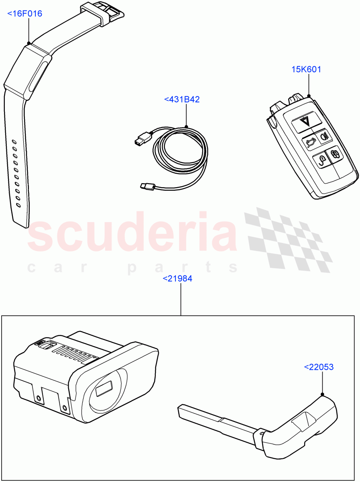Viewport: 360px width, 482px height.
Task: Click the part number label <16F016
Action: (25, 14)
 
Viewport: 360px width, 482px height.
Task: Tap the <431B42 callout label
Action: (182, 99)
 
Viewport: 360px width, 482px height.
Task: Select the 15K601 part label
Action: (306, 69)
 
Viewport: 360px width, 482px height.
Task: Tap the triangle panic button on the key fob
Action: (306, 122)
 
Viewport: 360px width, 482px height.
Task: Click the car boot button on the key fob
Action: (309, 142)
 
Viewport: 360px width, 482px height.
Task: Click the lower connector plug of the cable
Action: (147, 186)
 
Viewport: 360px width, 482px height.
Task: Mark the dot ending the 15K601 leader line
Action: (309, 96)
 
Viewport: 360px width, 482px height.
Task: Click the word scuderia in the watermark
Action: (132, 235)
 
